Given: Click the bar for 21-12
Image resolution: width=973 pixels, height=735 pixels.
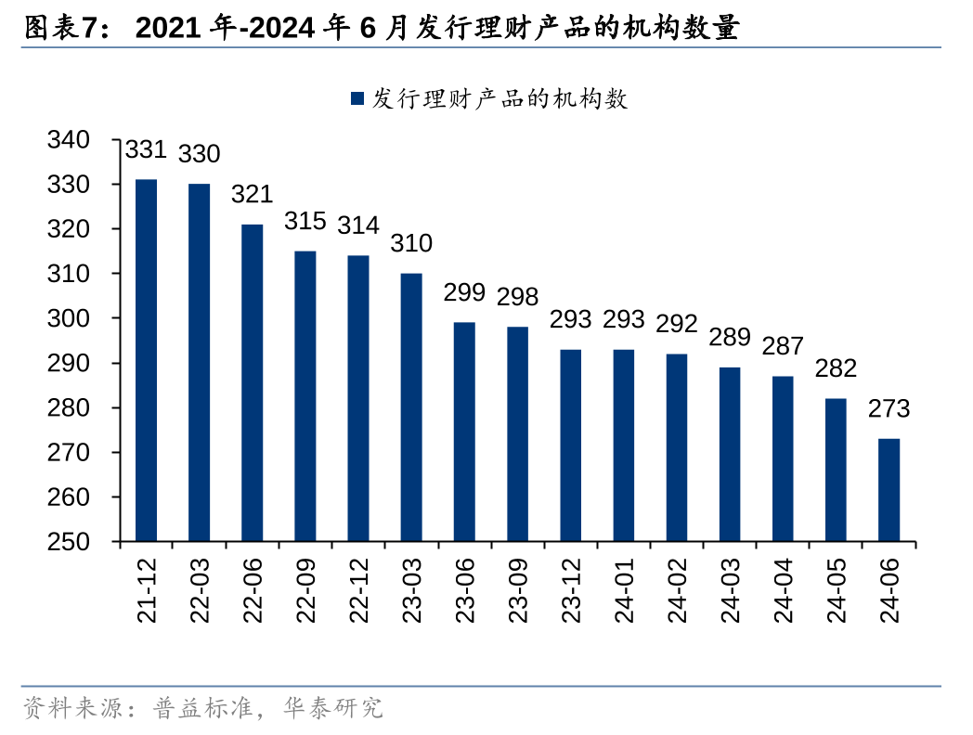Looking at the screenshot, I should coord(146,360).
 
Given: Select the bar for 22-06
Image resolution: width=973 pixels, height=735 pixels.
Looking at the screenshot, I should coord(253,382).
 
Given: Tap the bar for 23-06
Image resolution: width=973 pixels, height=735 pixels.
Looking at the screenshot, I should coord(464,432).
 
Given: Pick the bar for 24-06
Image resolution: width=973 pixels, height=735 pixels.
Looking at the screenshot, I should coord(889,490).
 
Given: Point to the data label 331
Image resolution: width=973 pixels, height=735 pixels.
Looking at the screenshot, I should coord(145,149).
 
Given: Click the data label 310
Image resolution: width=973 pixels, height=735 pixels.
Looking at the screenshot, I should coord(411,244).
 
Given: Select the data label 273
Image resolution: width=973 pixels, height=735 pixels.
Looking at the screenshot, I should coord(889,409).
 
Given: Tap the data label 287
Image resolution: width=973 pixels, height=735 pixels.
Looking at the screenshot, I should coord(783,347).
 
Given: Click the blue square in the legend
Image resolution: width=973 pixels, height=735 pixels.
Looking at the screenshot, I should coord(357,98).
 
